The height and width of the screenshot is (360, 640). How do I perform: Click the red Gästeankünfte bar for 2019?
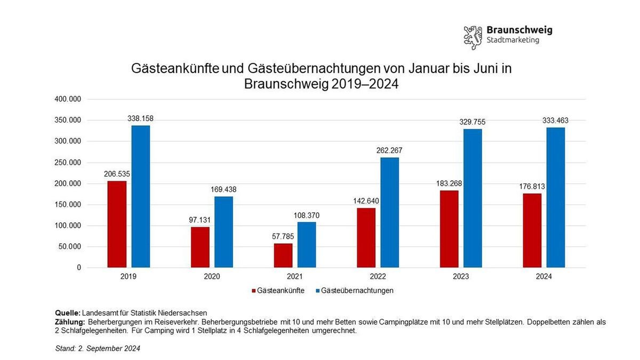117,224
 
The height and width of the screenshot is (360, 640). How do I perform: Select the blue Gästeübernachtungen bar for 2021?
307,244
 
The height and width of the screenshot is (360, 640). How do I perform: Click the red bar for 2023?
449,229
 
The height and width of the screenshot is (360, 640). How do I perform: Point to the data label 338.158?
141,118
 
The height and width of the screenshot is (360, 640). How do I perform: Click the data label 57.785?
283,236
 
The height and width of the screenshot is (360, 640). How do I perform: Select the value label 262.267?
389,150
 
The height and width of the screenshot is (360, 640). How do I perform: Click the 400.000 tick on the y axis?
68,99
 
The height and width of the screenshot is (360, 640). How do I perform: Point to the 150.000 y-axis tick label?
68,205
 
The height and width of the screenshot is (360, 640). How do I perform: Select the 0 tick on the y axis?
79,268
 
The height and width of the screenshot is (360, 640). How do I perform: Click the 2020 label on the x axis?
212,277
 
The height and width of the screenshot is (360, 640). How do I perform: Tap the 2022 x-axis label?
378,277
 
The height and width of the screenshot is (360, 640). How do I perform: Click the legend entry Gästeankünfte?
278,291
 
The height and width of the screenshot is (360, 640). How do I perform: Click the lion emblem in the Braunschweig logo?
473,36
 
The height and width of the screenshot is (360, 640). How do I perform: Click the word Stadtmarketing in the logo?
513,40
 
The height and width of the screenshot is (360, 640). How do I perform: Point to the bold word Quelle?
68,313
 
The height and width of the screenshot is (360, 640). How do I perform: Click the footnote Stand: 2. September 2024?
98,348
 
